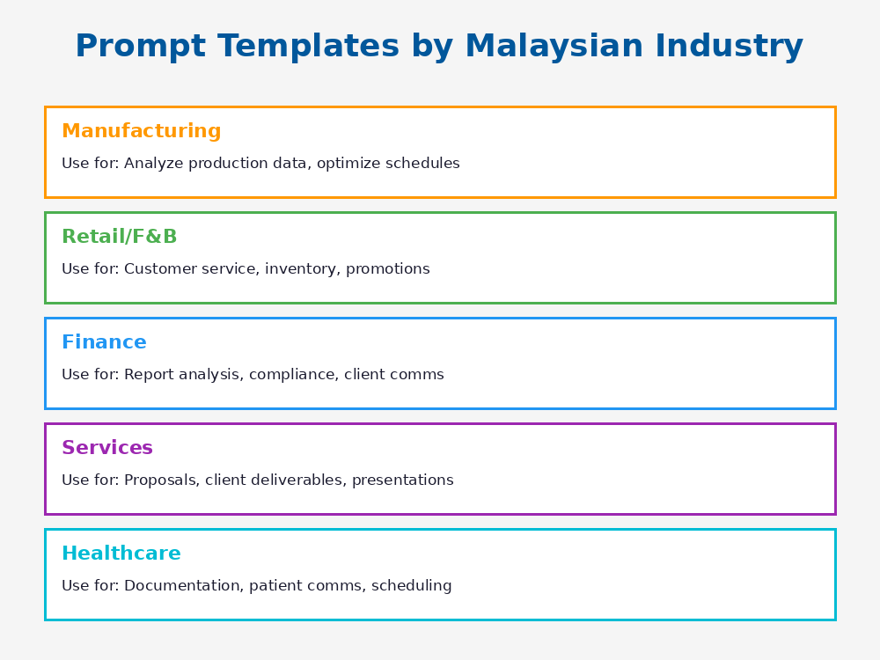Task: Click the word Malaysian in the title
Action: tap(554, 47)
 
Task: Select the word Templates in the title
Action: tap(297, 47)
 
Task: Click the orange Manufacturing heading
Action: tap(141, 132)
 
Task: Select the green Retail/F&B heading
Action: tap(119, 238)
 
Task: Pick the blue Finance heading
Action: tap(104, 343)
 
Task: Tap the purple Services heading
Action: tap(106, 449)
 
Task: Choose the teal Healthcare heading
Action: tap(121, 554)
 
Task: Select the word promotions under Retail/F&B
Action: tap(387, 269)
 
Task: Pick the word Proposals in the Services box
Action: tap(161, 480)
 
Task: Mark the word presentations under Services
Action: tap(403, 480)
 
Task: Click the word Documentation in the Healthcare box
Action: tap(182, 586)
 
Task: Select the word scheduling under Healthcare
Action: tap(411, 586)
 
